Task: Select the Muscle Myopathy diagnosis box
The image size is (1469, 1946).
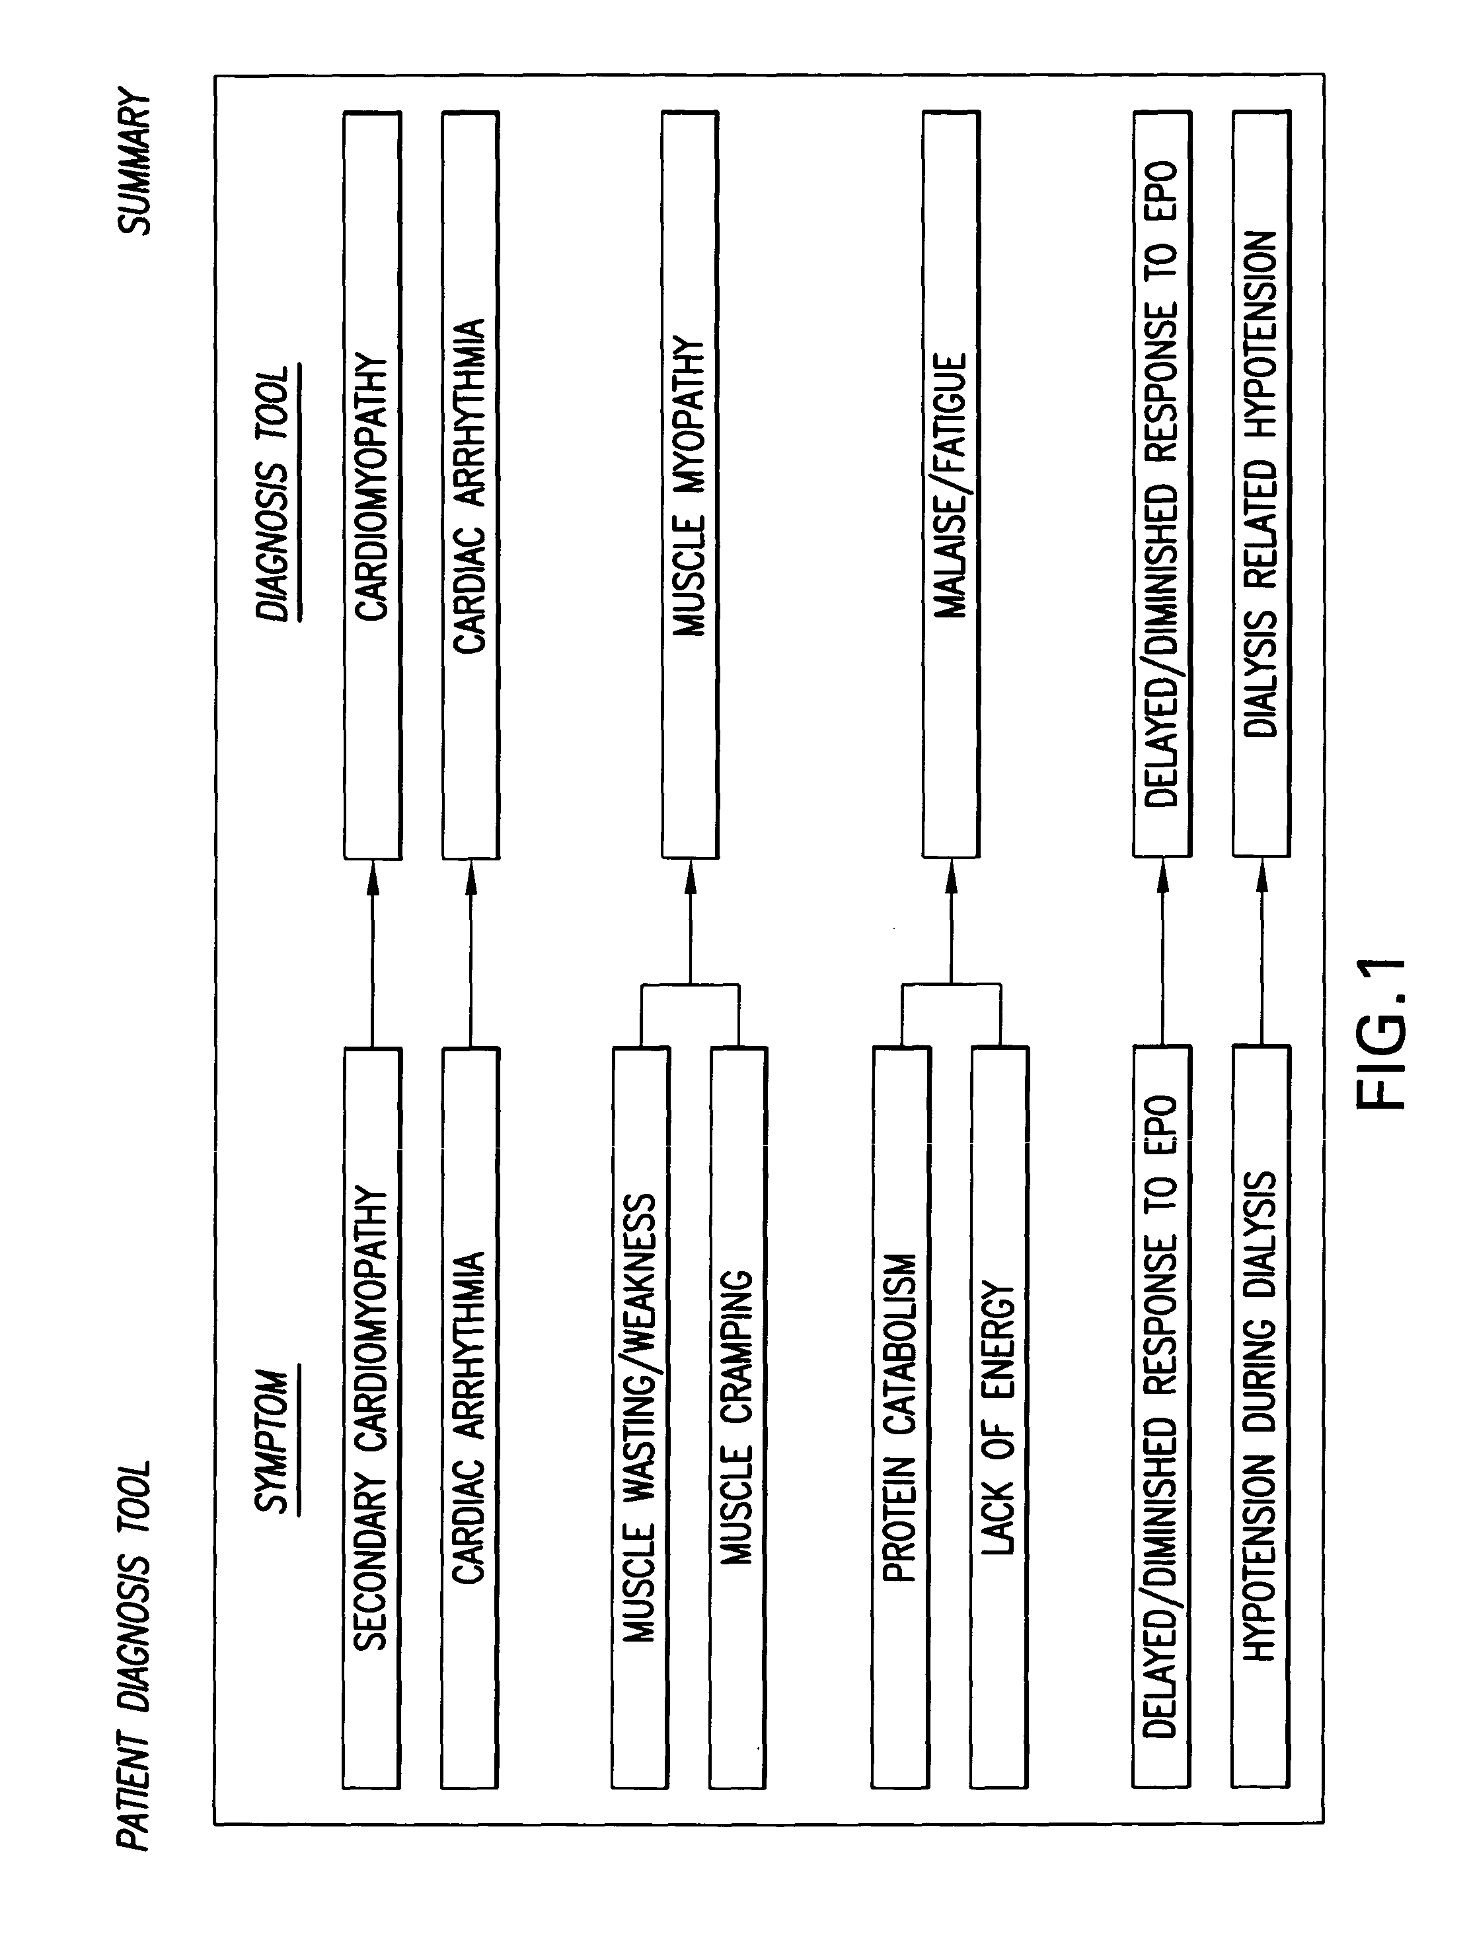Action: pos(690,484)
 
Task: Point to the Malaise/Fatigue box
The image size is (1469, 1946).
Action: pos(950,484)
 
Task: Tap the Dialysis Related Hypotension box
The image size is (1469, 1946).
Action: pos(1262,484)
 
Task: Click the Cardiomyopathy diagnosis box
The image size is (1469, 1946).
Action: pos(371,484)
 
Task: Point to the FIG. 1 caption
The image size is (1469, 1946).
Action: pos(1384,1033)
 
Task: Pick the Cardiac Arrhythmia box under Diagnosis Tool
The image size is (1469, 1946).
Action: pos(470,484)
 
